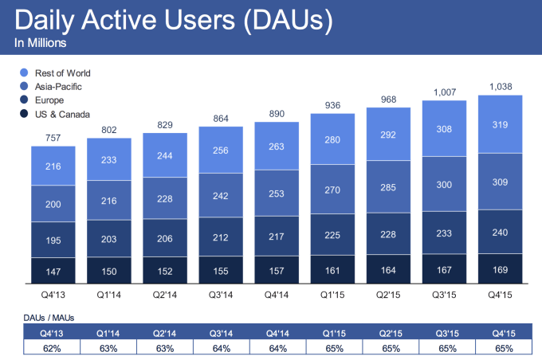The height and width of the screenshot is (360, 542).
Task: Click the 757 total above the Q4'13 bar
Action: coord(53,136)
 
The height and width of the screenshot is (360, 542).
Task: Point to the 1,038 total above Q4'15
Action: coord(499,85)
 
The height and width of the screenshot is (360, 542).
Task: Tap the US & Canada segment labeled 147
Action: coord(53,271)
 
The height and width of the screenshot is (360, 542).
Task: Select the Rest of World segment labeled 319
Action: coord(499,124)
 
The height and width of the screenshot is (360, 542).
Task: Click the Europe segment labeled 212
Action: coord(220,236)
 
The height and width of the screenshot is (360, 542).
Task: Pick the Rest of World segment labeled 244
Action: coord(164,156)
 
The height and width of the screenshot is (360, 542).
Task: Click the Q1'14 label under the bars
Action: coord(108,294)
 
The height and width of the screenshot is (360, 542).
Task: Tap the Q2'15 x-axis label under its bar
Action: coord(387,294)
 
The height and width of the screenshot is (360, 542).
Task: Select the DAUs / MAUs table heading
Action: coord(40,317)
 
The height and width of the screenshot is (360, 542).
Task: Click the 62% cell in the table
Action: coord(53,348)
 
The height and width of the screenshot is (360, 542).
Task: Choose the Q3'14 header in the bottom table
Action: coord(220,333)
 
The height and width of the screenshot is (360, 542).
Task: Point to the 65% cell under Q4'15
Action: coord(499,348)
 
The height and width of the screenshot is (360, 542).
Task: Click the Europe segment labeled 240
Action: coord(499,232)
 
